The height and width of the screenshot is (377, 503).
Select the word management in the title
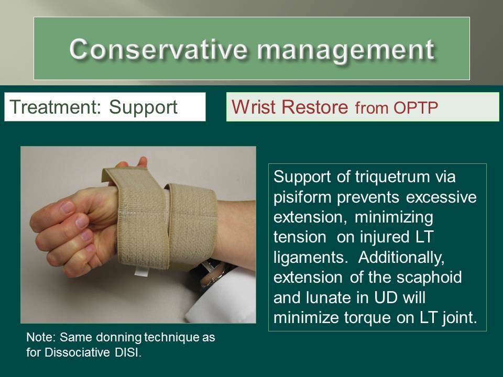[x=345, y=49]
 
